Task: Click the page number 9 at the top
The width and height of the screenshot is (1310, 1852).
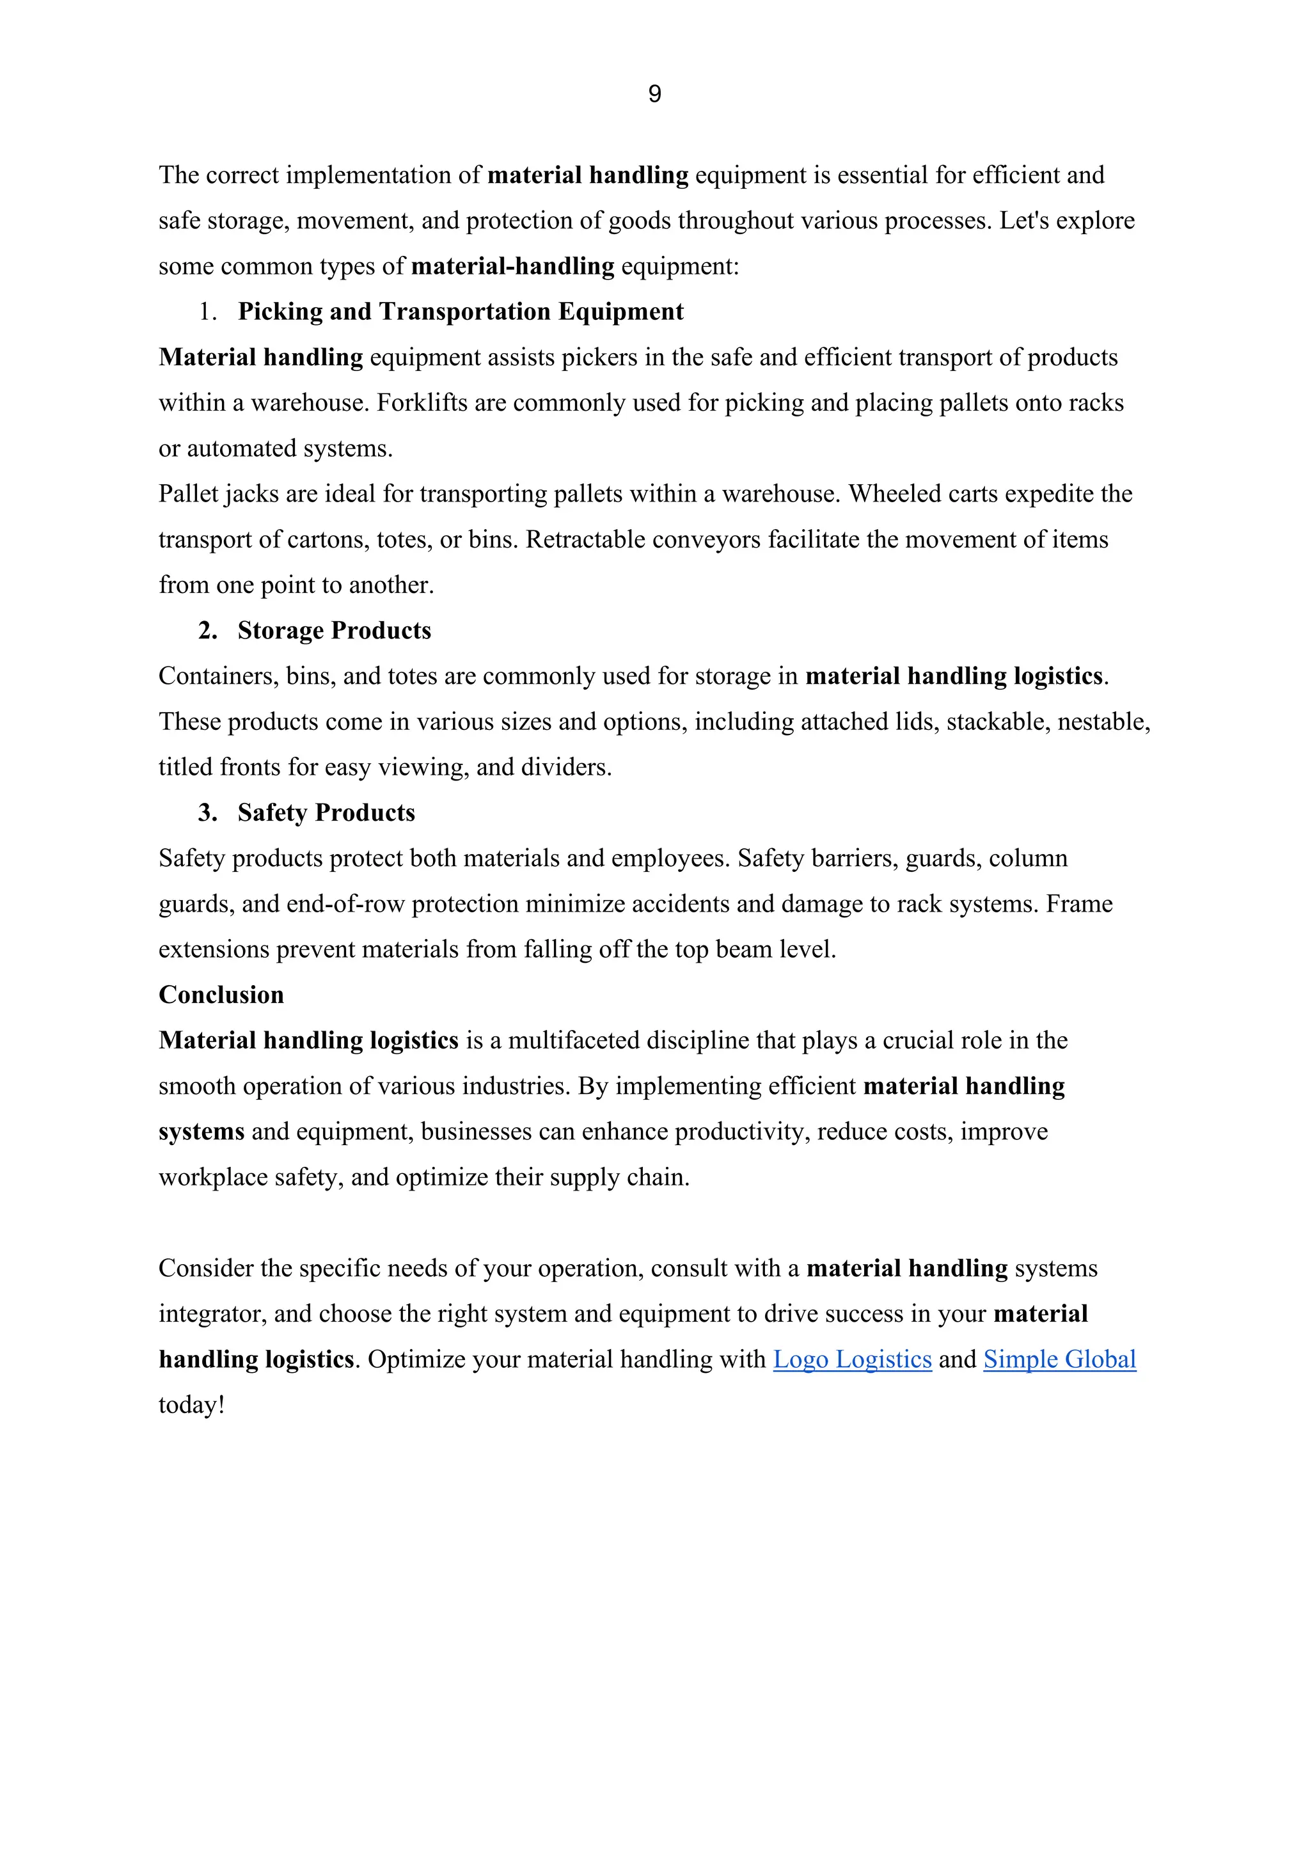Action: pyautogui.click(x=654, y=95)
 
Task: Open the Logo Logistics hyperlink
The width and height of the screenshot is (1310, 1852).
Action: pyautogui.click(x=852, y=1359)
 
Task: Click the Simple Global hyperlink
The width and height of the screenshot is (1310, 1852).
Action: pyautogui.click(x=1059, y=1359)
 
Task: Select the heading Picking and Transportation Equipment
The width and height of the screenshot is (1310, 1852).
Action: pyautogui.click(x=460, y=312)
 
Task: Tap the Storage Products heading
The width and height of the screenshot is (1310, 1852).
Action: pyautogui.click(x=334, y=630)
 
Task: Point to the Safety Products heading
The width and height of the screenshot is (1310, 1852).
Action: pyautogui.click(x=326, y=812)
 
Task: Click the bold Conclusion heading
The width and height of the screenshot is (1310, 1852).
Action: pyautogui.click(x=221, y=995)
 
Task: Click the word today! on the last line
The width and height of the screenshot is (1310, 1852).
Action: pyautogui.click(x=191, y=1405)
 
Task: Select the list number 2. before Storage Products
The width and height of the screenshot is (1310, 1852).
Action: pyautogui.click(x=208, y=630)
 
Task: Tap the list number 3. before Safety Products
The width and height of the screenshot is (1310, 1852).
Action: pyautogui.click(x=208, y=812)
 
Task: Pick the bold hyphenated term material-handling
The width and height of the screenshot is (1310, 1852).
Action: pyautogui.click(x=512, y=266)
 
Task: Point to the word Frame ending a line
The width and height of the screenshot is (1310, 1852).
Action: pyautogui.click(x=1078, y=903)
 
